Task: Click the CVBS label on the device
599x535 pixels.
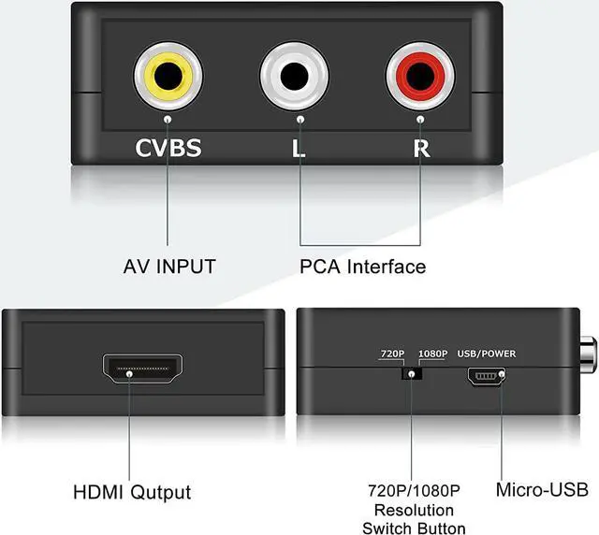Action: [168, 147]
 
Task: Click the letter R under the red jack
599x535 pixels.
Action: [420, 147]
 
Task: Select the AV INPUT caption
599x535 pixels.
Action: [169, 267]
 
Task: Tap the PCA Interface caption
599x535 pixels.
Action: [362, 267]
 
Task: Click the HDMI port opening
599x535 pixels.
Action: [145, 370]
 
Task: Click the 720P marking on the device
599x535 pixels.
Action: [391, 354]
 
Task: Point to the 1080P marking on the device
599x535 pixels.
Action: [433, 354]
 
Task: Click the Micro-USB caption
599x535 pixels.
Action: [542, 489]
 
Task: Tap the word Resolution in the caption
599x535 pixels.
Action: [414, 511]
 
